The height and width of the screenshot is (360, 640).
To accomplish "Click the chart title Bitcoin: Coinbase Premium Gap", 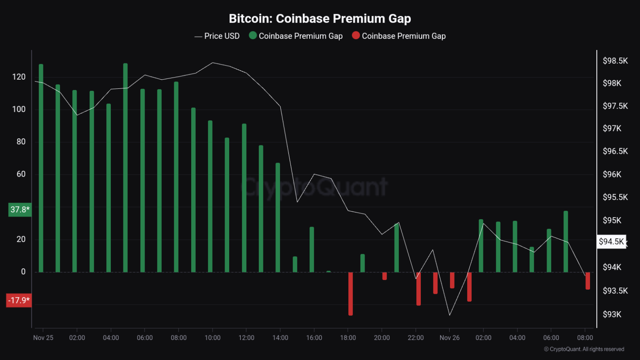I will (320, 19).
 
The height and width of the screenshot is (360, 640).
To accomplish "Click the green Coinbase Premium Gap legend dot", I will (252, 35).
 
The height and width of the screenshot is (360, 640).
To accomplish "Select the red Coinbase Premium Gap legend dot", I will (356, 35).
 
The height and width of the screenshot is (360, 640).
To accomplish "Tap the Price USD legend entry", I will (217, 36).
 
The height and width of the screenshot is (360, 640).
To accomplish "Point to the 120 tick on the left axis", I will (19, 77).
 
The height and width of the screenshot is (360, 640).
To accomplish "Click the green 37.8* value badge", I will (20, 210).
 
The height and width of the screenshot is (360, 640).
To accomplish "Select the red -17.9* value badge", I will (19, 300).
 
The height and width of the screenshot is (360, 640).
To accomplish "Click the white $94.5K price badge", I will (611, 242).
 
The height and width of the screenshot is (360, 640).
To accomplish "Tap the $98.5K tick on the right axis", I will (615, 61).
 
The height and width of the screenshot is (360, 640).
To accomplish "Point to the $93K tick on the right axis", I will (612, 314).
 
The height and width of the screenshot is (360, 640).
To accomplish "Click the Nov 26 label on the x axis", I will (450, 337).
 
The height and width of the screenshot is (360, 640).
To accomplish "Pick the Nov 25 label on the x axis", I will (43, 337).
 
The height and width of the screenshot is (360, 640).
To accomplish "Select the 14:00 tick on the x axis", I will (280, 337).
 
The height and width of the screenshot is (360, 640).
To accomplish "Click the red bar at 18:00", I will (350, 293).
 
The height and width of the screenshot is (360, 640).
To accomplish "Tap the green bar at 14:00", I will (277, 217).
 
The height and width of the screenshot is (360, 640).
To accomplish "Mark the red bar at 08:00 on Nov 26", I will (587, 280).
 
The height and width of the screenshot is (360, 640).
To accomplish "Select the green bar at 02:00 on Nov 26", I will (481, 245).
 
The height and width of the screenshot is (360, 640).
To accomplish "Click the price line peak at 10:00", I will (212, 63).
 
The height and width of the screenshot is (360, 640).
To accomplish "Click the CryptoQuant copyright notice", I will (584, 349).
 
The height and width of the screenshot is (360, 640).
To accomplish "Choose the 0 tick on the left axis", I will (23, 272).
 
